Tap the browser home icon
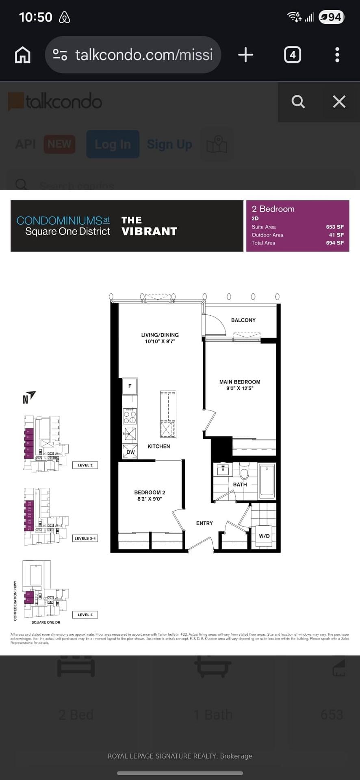[x=23, y=55]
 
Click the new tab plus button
[x=245, y=55]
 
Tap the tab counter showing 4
[x=293, y=55]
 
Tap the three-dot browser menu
[x=337, y=55]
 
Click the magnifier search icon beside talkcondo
[x=298, y=102]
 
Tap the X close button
[x=339, y=102]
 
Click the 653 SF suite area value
[x=334, y=227]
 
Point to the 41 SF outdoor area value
[x=336, y=235]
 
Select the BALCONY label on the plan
[x=243, y=320]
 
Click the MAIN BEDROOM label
[x=240, y=382]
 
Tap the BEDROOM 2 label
[x=150, y=492]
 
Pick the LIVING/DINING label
[x=160, y=335]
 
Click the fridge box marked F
[x=130, y=386]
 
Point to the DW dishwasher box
[x=130, y=451]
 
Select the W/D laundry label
[x=264, y=536]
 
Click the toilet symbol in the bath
[x=244, y=472]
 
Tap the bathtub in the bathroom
[x=267, y=481]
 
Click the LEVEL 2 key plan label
[x=85, y=465]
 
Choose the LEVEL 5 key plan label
[x=85, y=615]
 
